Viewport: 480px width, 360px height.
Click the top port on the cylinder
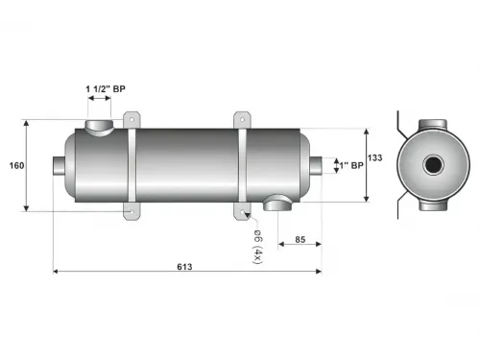(100, 127)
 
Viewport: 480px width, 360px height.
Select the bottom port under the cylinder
(278, 202)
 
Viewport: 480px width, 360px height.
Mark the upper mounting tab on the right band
(241, 118)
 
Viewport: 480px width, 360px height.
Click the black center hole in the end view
(433, 166)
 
